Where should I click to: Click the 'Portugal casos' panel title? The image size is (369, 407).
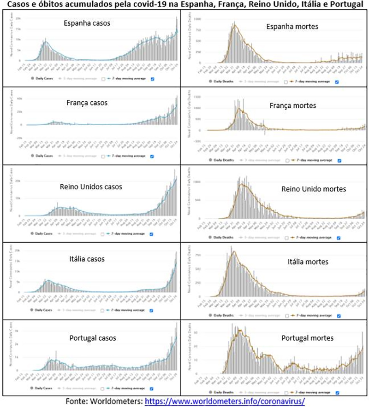(x=93, y=338)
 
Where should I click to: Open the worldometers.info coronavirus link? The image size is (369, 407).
(x=225, y=401)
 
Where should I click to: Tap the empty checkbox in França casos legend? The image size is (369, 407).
(x=102, y=156)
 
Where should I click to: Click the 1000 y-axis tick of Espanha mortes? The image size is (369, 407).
(x=198, y=19)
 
